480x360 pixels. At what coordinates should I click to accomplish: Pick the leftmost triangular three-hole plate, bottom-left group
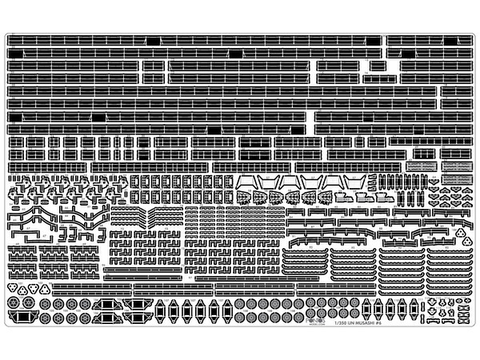(18, 289)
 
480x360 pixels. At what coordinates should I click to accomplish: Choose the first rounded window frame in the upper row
(135, 182)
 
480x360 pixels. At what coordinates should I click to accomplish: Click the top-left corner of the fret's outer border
(6, 34)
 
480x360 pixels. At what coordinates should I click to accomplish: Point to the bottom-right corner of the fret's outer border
(474, 326)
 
